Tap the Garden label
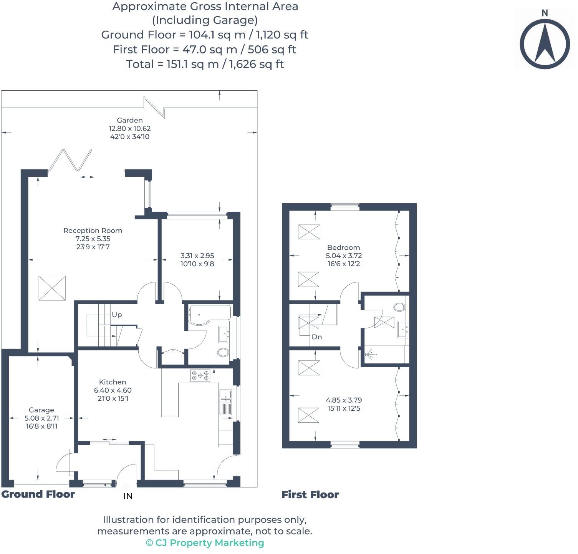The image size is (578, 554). tap(130, 120)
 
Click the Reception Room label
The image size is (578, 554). tap(93, 231)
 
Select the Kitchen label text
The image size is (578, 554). tap(113, 382)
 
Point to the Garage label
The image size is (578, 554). tap(41, 410)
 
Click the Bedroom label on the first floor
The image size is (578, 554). tap(343, 247)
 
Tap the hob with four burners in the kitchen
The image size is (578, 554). tap(200, 375)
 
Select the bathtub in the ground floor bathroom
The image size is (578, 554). tap(209, 315)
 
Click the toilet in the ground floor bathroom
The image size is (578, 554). tap(223, 352)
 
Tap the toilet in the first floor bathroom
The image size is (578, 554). tap(399, 307)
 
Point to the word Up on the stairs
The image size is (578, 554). tap(117, 315)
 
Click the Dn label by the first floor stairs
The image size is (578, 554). tap(317, 337)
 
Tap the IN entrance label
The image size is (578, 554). tap(128, 496)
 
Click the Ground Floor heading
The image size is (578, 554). tap(38, 494)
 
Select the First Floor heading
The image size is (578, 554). tap(310, 494)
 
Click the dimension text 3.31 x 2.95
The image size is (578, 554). tap(197, 255)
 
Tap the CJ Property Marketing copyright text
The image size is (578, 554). tap(205, 542)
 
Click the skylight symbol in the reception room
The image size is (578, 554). tap(52, 288)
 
